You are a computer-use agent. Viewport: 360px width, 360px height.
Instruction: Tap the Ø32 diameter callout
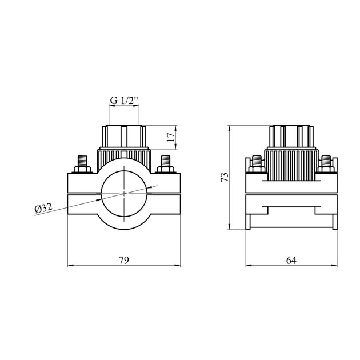coord(45,209)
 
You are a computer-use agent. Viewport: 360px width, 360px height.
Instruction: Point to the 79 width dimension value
coord(125,259)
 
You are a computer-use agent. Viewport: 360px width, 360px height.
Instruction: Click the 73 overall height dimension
coord(225,177)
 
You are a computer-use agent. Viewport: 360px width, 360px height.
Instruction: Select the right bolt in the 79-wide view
coord(166,161)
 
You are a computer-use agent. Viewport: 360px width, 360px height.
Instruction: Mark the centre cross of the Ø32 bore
coord(125,193)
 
